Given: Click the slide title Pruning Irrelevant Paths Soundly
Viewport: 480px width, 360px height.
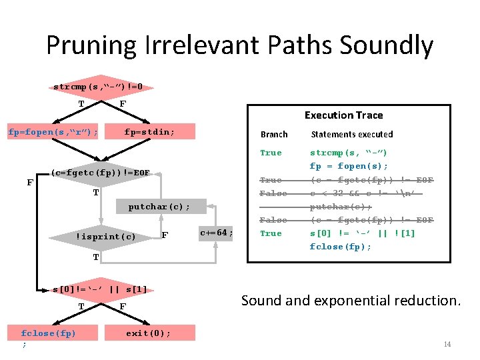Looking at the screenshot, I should [239, 45].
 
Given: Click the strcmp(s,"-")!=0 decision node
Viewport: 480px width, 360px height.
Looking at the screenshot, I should [102, 87].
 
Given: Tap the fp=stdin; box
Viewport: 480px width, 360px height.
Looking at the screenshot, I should [149, 132].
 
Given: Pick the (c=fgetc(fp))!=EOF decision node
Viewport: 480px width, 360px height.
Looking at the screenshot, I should [100, 173].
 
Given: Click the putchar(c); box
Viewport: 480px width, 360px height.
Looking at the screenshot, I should [159, 207].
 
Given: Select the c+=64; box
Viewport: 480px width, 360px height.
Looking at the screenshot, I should [217, 233].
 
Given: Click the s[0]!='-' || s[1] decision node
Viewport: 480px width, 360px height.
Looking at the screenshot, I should [100, 289].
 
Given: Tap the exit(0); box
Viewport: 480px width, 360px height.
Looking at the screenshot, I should [148, 333].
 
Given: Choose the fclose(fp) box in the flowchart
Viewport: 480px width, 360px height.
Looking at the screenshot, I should [48, 333].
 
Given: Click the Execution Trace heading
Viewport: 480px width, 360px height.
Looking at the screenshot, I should [343, 115].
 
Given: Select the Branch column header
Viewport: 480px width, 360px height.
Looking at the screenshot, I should [274, 135].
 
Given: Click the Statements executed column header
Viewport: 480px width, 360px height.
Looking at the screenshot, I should [352, 135].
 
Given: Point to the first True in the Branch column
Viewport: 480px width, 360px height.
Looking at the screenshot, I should [271, 153].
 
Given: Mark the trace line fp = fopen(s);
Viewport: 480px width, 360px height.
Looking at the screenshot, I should [349, 167].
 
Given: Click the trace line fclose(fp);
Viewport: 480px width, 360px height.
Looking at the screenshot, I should [341, 247].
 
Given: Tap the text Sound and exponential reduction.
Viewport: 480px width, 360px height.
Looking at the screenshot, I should [351, 301].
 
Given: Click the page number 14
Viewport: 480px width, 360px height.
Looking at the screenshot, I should [447, 344].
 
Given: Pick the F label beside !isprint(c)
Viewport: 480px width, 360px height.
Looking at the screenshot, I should [165, 236].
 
